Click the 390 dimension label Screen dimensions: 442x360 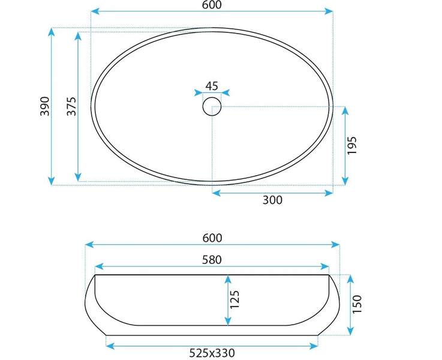click(x=45, y=106)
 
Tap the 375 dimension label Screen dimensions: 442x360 click(x=71, y=106)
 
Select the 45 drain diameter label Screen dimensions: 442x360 click(x=212, y=86)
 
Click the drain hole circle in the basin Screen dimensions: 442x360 click(x=212, y=106)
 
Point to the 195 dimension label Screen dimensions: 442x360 click(x=352, y=145)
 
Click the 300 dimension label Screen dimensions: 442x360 click(x=272, y=200)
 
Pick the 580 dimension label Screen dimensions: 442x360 click(x=212, y=260)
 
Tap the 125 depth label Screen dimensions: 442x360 click(x=234, y=299)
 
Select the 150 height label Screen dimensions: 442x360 click(x=357, y=304)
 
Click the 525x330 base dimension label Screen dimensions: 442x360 click(x=212, y=353)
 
